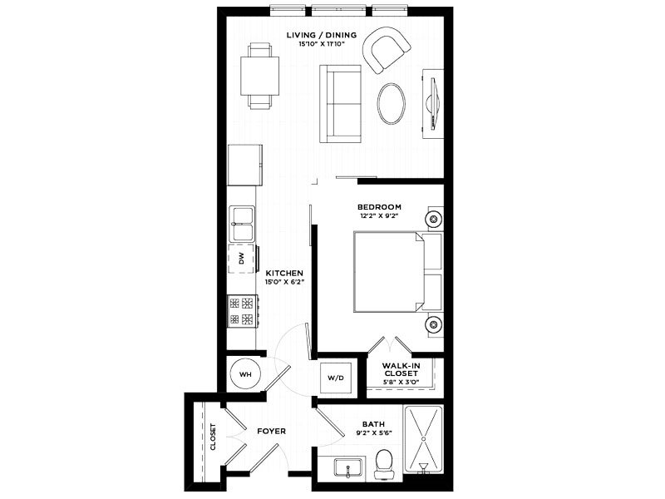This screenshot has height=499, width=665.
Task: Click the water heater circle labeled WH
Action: click(x=245, y=375)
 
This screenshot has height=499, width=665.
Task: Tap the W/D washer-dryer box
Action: click(x=336, y=378)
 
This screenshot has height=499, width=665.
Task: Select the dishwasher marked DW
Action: click(x=242, y=259)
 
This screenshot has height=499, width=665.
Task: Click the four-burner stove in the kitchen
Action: click(x=242, y=311)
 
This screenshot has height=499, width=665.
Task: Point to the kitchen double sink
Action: click(x=242, y=224)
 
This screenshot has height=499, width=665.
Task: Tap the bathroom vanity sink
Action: click(x=348, y=468)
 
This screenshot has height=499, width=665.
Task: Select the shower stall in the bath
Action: click(x=423, y=439)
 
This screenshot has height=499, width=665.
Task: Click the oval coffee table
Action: click(x=391, y=103)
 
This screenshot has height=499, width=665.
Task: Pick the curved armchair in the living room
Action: click(x=385, y=50)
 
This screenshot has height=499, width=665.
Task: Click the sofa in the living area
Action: click(x=340, y=103)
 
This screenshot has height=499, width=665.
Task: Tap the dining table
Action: click(x=259, y=76)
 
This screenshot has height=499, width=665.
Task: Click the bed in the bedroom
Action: click(x=397, y=272)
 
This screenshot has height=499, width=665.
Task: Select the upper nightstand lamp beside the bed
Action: click(x=434, y=219)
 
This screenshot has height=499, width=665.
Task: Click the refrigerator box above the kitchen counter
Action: click(x=244, y=165)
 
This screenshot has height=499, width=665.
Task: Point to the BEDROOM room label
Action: click(x=379, y=207)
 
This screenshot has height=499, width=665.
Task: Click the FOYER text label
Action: click(x=272, y=431)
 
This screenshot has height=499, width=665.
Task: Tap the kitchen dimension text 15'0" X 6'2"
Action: click(x=284, y=282)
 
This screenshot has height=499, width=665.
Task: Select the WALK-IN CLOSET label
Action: click(x=401, y=369)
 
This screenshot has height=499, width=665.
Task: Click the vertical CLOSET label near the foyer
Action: click(x=213, y=437)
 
